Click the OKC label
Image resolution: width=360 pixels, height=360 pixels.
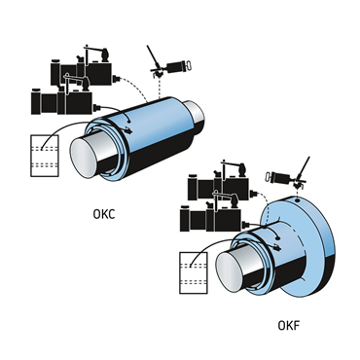pos(104,214)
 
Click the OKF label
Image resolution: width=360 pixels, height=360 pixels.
pos(288,325)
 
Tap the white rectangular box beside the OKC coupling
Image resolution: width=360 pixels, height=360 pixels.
pos(45,156)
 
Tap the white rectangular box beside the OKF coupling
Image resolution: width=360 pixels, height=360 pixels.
pos(194,272)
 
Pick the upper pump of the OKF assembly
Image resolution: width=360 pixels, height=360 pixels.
pos(222,182)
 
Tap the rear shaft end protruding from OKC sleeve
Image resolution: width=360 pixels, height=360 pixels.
pos(196,113)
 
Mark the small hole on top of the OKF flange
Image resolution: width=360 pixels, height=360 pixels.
pos(297,200)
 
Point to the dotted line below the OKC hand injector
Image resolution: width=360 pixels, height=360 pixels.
pos(159,88)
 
